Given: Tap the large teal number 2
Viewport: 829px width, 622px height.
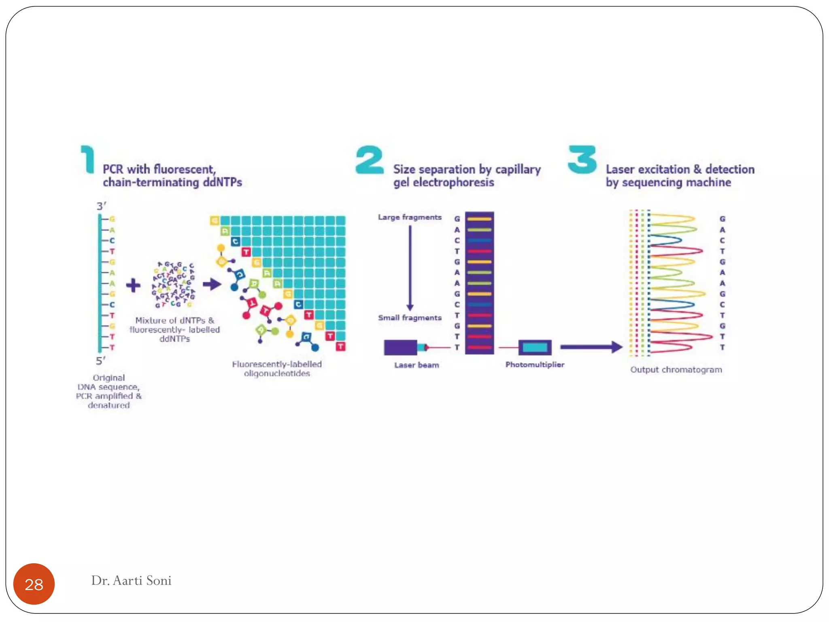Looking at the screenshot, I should pyautogui.click(x=369, y=160).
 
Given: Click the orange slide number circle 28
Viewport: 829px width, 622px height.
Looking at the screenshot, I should pyautogui.click(x=34, y=584).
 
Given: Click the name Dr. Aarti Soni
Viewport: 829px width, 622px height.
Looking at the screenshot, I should pyautogui.click(x=131, y=580).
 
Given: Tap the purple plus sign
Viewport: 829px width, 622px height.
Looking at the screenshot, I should pyautogui.click(x=133, y=285).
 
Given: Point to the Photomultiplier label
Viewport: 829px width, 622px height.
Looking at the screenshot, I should pyautogui.click(x=534, y=364).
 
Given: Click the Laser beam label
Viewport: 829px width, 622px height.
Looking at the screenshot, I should pyautogui.click(x=417, y=365).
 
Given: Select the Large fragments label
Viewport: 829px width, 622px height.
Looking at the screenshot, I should pyautogui.click(x=409, y=217).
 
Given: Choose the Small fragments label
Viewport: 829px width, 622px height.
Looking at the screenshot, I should pyautogui.click(x=409, y=317).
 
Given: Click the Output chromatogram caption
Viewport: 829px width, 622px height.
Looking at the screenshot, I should pyautogui.click(x=676, y=369).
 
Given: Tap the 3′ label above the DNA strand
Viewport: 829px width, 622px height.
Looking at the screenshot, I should pyautogui.click(x=101, y=206).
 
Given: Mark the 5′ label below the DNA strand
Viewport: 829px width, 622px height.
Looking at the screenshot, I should pyautogui.click(x=100, y=360).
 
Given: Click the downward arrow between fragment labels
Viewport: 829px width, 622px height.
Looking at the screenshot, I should pyautogui.click(x=410, y=267).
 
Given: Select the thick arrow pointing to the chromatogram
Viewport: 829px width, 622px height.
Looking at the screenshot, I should pyautogui.click(x=591, y=347).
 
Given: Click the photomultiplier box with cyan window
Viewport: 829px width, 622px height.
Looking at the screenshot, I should pyautogui.click(x=535, y=347).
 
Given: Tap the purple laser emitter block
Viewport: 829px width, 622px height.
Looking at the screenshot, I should pyautogui.click(x=400, y=347).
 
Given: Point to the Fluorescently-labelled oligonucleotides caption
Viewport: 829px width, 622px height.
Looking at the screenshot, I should pyautogui.click(x=277, y=369).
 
